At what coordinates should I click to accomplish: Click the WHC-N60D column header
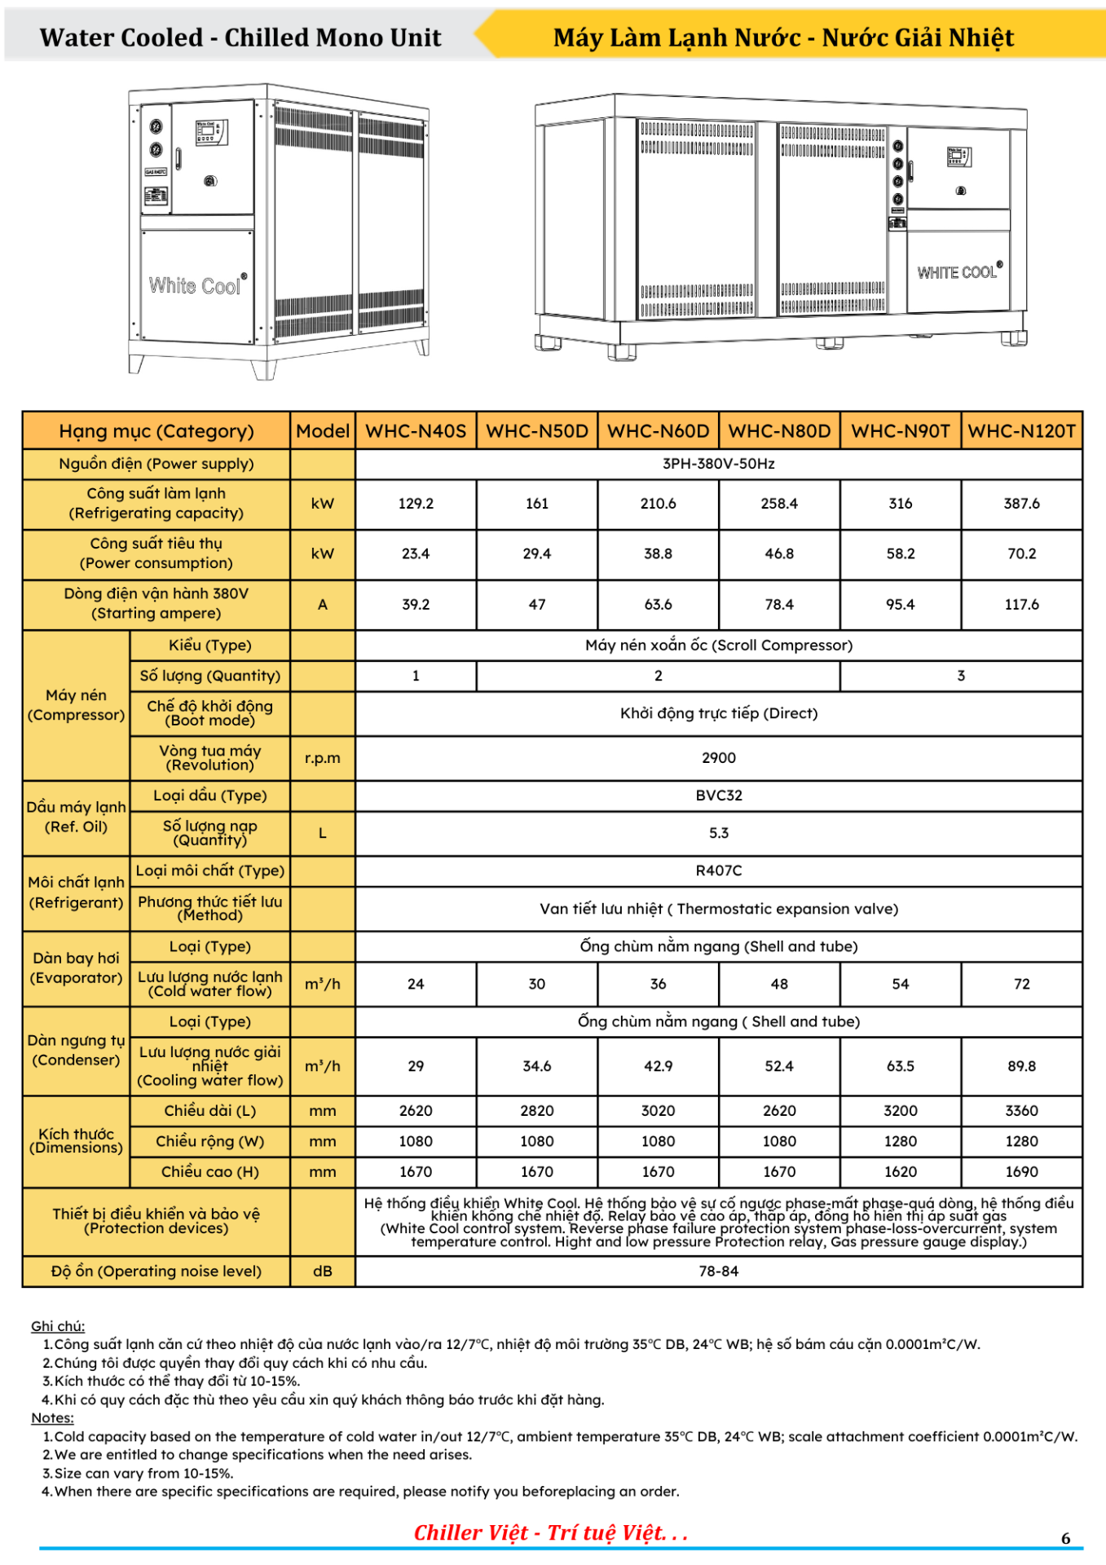(x=658, y=431)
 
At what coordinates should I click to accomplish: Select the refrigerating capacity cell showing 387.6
(x=1021, y=504)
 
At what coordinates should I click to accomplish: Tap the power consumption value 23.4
(x=416, y=554)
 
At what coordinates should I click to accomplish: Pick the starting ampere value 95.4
(x=900, y=605)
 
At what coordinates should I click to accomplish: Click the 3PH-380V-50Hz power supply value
(x=718, y=464)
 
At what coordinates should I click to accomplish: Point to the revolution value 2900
(x=718, y=758)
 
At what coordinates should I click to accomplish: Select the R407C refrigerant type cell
(x=718, y=871)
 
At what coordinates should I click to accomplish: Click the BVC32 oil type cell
(x=718, y=796)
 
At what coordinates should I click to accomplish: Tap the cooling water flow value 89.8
(x=1021, y=1066)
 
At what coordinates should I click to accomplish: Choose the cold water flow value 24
(x=416, y=984)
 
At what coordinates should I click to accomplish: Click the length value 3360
(x=1021, y=1111)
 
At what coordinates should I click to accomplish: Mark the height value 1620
(x=900, y=1172)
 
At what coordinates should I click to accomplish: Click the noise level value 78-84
(x=718, y=1272)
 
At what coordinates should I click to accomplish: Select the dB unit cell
(x=323, y=1272)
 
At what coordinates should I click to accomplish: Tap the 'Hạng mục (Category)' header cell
(x=156, y=431)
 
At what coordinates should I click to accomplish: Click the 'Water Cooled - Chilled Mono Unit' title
(x=240, y=37)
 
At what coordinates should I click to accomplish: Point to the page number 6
(x=1065, y=1538)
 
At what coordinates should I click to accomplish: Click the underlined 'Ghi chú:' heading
(x=58, y=1326)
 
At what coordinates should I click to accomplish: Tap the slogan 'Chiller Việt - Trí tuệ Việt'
(x=550, y=1533)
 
